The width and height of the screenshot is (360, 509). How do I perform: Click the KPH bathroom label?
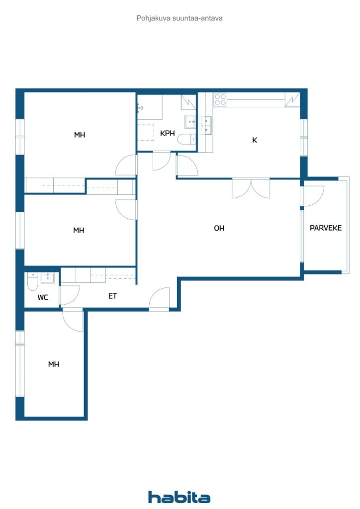coord(168,133)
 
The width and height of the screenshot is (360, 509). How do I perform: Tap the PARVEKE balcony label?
coord(326,228)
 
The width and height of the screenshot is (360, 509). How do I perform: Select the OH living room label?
coord(219,228)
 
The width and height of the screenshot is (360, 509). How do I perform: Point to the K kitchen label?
coord(255,140)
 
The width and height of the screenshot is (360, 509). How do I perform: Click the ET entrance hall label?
coord(113,296)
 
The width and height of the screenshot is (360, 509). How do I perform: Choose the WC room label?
coord(43,297)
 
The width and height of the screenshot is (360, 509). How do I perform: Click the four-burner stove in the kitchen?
coord(220,99)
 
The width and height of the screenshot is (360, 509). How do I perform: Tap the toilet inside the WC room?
coord(33,281)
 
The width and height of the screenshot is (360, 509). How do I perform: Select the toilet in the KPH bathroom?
coord(186,139)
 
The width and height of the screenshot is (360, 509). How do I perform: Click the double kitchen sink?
coord(206,125)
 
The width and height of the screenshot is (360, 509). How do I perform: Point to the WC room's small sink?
coord(48,278)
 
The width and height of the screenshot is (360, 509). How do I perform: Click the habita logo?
coord(179,497)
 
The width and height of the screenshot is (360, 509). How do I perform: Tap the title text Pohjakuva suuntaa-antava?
coord(180,18)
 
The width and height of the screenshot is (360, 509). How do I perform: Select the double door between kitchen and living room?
coord(251,188)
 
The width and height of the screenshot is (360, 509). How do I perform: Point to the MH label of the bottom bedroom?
coord(54,364)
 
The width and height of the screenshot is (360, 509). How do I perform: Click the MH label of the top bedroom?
coord(80,135)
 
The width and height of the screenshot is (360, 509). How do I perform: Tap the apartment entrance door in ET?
coord(160,299)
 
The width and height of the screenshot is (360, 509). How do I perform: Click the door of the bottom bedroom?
coord(73,320)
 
